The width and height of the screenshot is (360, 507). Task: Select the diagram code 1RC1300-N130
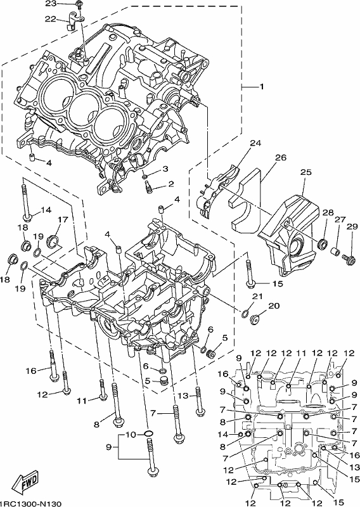[x=30, y=503]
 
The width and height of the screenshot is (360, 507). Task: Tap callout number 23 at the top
[x=51, y=3]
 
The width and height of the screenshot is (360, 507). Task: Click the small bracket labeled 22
[x=75, y=20]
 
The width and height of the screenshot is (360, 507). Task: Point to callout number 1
[x=261, y=87]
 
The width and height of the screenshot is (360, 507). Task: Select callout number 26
[x=281, y=157]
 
